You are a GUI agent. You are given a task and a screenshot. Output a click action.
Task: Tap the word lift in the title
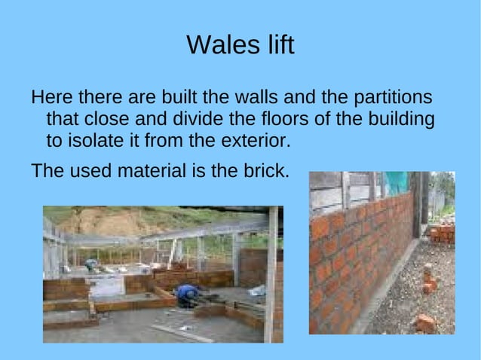point(276,46)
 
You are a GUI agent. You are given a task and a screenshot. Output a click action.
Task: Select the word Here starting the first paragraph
point(51,98)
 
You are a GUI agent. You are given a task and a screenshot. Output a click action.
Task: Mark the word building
point(396,120)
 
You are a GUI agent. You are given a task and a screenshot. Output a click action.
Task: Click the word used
point(90,170)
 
